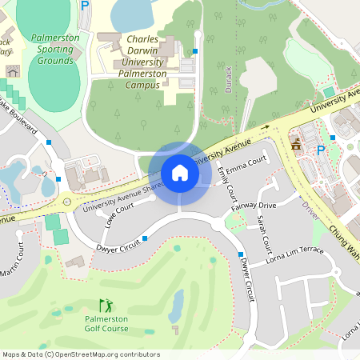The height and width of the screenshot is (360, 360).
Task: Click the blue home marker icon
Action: pyautogui.click(x=179, y=172)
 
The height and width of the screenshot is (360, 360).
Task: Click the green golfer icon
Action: pyautogui.click(x=106, y=305)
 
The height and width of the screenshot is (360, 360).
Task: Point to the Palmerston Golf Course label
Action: pyautogui.click(x=106, y=323)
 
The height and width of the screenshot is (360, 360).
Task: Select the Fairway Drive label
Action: pyautogui.click(x=254, y=206)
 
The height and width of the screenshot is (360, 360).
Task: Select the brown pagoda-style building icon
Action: pyautogui.click(x=297, y=145)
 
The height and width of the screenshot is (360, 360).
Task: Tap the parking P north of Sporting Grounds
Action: pyautogui.click(x=85, y=5)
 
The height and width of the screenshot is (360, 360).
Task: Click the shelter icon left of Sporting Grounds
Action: pyautogui.click(x=12, y=71)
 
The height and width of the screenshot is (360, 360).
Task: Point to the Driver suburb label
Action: pyautogui.click(x=311, y=210)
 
